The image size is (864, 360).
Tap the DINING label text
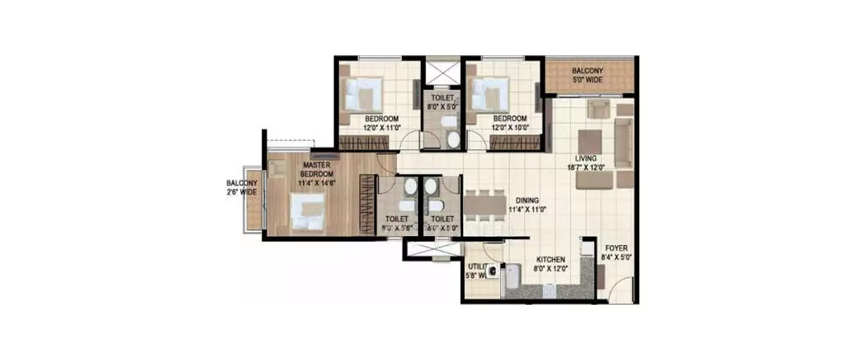point(527,200)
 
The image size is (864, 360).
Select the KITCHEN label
point(551,259)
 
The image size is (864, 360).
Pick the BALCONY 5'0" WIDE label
point(588,75)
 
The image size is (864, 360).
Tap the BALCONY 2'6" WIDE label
point(241,188)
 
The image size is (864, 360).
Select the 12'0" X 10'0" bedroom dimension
point(510,128)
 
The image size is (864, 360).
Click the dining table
point(484,205)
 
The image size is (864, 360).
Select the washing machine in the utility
point(493,271)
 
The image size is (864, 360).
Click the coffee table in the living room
point(590,141)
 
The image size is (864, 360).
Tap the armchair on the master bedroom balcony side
point(277,168)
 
